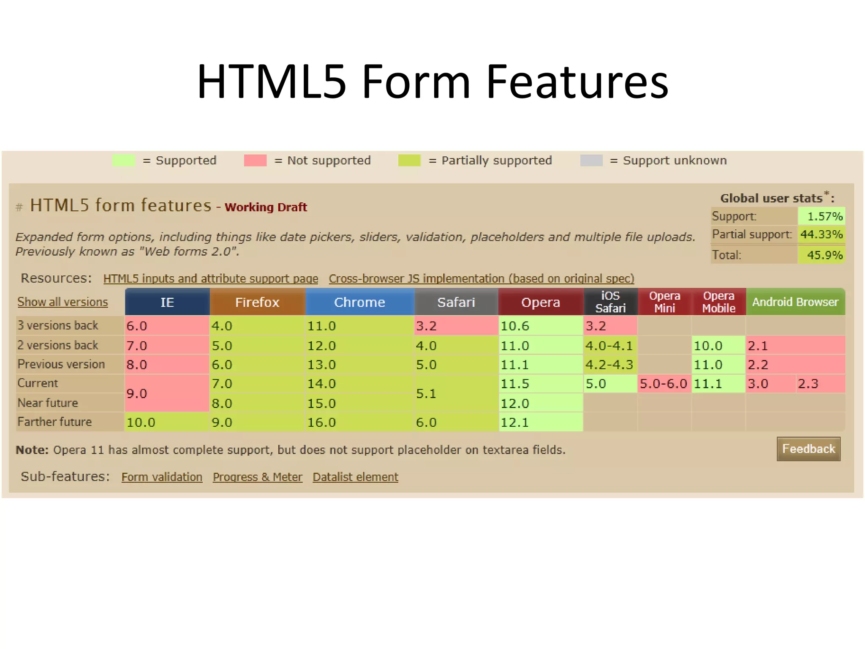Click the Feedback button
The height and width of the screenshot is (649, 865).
coord(808,449)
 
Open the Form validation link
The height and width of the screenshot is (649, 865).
coord(162,477)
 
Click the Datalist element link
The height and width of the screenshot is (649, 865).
coord(355,477)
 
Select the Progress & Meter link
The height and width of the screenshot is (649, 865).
coord(258,477)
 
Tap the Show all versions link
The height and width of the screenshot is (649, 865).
coord(63,302)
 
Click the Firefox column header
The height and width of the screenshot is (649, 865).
coord(257,302)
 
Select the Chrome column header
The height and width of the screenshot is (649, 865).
coord(359,302)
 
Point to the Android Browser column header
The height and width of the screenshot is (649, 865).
coord(795,302)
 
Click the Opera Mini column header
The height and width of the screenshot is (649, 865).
coord(664,302)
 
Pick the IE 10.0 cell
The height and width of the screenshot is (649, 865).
coord(166,422)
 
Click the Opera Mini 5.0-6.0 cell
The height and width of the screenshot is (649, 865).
coord(664,384)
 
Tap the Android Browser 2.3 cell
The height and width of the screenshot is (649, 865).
coord(820,384)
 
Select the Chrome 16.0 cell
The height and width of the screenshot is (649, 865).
coord(359,422)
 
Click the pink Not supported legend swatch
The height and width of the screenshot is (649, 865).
coord(255,161)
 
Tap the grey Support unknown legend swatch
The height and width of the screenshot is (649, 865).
coord(591,161)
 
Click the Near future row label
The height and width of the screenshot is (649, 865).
coord(48,403)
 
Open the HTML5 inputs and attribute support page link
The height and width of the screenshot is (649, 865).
coord(210,279)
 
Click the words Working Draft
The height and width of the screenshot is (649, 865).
coord(266,207)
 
